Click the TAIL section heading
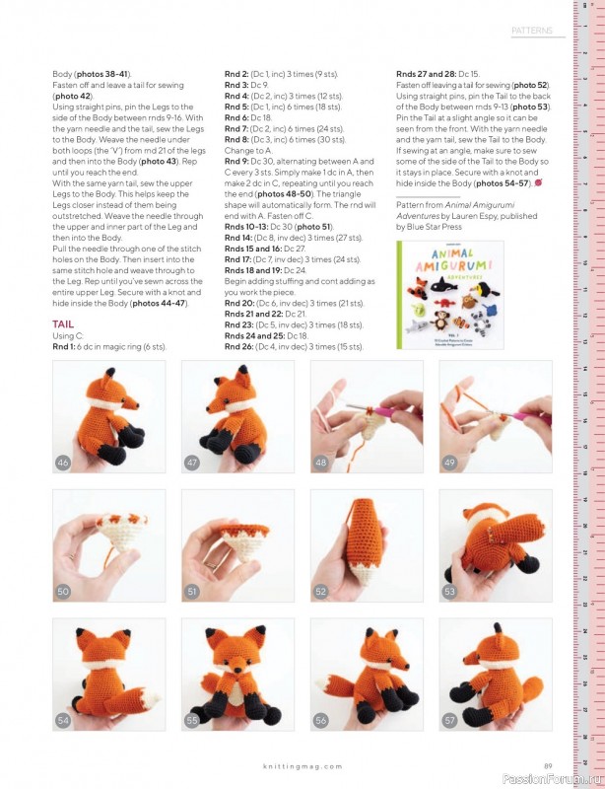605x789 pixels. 63,324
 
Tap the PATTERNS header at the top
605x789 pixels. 531,31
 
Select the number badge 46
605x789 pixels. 63,463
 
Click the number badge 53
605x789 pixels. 449,591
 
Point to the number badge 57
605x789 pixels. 449,720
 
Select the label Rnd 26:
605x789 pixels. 238,347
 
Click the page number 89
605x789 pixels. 548,766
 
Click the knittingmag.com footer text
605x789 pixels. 302,766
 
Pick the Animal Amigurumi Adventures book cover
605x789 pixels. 450,295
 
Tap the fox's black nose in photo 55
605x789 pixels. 236,670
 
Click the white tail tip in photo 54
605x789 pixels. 151,698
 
